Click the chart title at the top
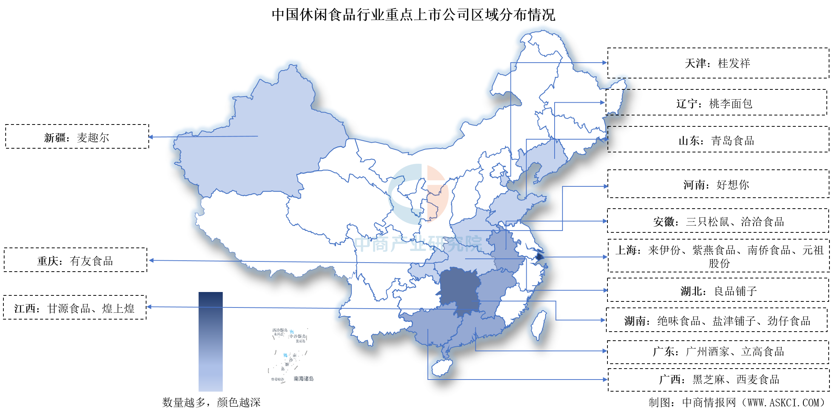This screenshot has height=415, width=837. [x=413, y=15]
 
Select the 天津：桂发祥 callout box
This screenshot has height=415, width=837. [x=718, y=63]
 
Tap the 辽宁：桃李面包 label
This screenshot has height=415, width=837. [x=716, y=103]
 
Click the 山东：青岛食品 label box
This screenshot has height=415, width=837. [x=718, y=140]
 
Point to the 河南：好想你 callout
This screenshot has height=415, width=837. [x=718, y=184]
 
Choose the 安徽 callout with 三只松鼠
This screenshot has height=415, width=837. [x=718, y=221]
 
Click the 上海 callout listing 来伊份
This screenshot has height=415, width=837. [x=718, y=256]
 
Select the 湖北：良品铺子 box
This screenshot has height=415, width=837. [x=718, y=291]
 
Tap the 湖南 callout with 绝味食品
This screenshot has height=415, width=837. [x=717, y=321]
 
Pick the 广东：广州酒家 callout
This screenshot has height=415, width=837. [x=718, y=352]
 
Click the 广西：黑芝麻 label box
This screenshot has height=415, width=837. [x=718, y=380]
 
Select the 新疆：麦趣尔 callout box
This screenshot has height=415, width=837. [x=77, y=137]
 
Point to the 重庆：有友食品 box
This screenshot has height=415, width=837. [x=75, y=261]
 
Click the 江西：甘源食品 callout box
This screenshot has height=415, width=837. [x=74, y=308]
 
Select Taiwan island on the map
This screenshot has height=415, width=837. [x=539, y=324]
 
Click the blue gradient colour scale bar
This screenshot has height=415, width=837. [x=210, y=341]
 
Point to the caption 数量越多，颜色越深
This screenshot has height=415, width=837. [x=211, y=402]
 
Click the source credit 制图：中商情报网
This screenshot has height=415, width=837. [x=736, y=403]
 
